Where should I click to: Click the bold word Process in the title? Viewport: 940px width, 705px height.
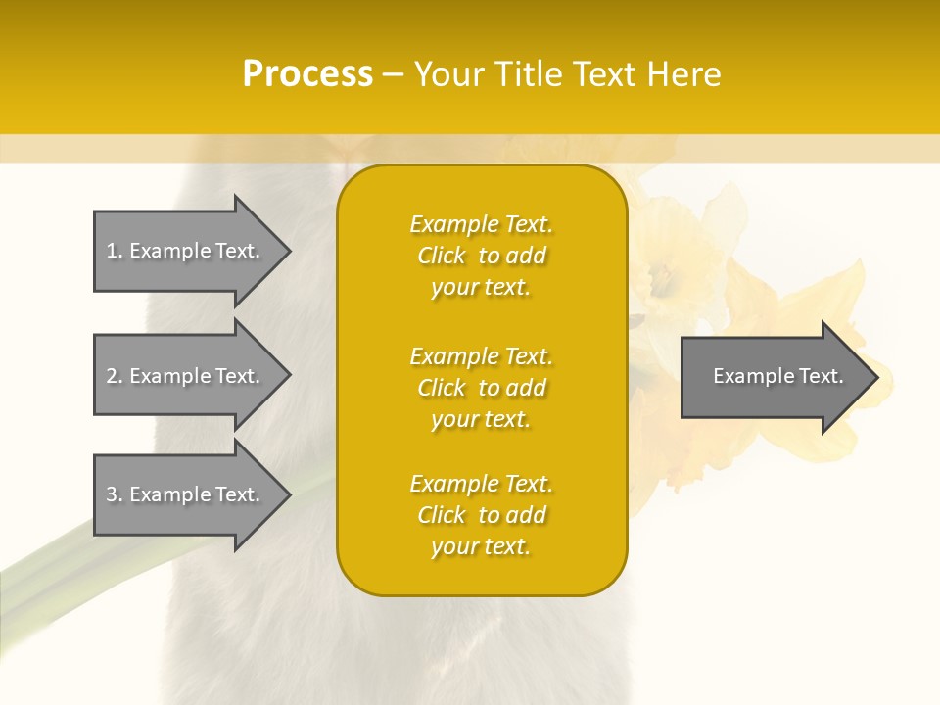click(307, 74)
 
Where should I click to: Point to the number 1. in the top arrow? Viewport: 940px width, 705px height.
click(115, 251)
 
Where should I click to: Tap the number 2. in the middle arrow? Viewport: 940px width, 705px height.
click(115, 376)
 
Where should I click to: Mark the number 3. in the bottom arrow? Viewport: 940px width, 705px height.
click(115, 494)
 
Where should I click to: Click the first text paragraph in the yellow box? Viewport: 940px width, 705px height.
click(481, 256)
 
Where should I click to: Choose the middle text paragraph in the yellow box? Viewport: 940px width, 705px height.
click(481, 388)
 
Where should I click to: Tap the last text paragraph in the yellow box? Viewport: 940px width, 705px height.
click(481, 515)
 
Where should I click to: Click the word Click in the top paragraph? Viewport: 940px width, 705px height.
click(442, 256)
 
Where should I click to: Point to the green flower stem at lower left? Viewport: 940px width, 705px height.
click(59, 568)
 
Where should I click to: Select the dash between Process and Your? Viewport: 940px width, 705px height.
click(393, 75)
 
